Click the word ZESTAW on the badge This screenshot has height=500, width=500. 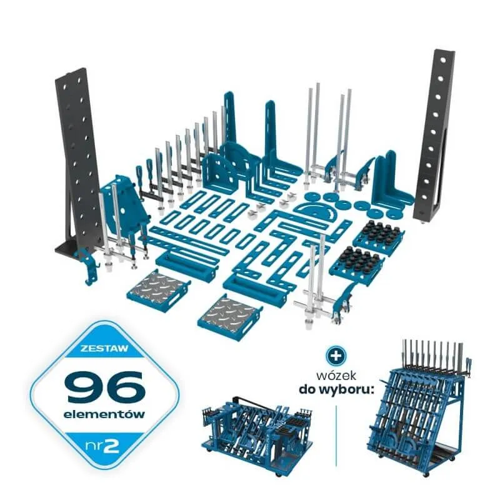[x=104, y=347]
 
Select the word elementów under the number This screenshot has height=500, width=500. [x=104, y=414]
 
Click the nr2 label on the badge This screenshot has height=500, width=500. [x=102, y=446]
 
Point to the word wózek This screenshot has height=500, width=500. [x=336, y=376]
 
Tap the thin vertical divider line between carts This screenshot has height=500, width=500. [x=336, y=436]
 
